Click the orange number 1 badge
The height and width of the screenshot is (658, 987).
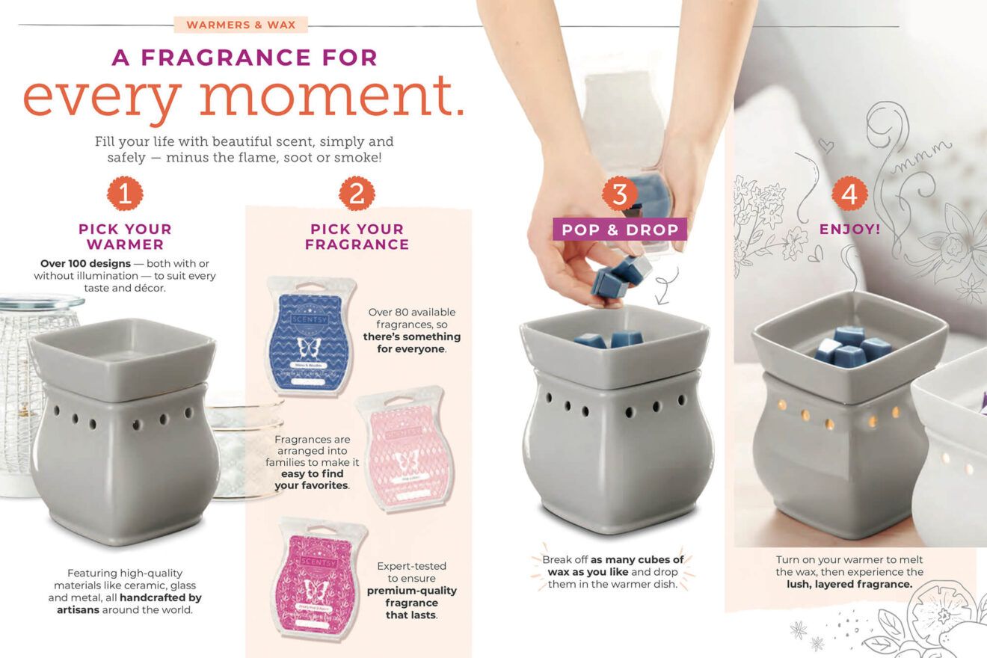coord(125,194)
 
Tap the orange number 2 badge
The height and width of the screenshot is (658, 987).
coord(357,194)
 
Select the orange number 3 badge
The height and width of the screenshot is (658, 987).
coord(619,194)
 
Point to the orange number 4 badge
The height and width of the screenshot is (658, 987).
coord(849,194)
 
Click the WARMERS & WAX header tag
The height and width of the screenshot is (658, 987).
coord(241,25)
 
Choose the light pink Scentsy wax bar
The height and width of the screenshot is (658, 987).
coord(405,449)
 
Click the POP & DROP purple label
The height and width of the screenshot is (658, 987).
coord(619,230)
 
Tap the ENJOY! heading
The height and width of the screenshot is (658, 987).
coord(849,230)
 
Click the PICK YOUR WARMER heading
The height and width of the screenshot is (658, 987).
coord(125,236)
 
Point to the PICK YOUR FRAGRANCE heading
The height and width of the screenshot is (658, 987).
coord(357,236)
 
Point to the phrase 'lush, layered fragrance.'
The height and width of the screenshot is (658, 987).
coord(849,584)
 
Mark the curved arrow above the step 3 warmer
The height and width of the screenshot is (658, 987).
coord(664,288)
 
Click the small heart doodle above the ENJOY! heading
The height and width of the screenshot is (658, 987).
coord(825,144)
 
